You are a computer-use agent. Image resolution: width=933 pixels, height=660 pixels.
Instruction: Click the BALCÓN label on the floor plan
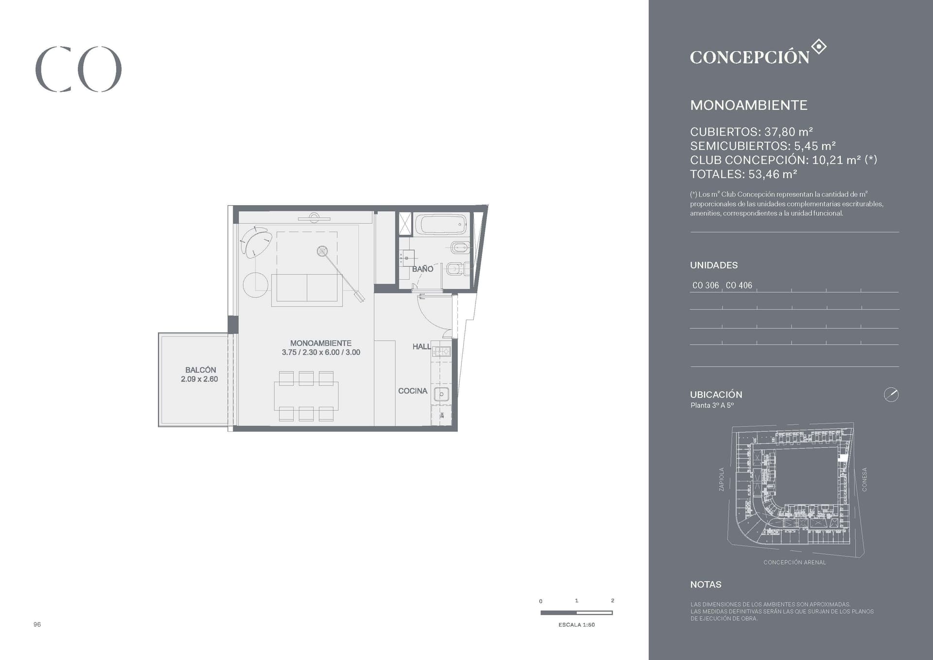point(200,370)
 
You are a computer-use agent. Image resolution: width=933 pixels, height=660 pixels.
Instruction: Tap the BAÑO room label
point(422,269)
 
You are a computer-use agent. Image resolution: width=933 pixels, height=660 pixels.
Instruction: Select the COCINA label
point(413,391)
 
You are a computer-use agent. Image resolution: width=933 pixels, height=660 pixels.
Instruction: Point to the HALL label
point(421,347)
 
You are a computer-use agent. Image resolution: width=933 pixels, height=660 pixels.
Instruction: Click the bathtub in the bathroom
point(441,225)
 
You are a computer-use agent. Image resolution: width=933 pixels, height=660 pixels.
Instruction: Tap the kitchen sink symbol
point(441,394)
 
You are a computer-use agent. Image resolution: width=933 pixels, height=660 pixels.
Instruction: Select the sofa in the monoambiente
point(307,290)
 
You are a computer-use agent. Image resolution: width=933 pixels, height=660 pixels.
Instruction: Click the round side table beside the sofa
point(256,285)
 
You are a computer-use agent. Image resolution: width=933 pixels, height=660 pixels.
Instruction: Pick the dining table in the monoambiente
point(306,396)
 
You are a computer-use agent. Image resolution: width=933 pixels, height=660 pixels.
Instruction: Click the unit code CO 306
point(705,285)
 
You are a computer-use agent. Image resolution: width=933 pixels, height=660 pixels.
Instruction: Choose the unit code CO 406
point(739,285)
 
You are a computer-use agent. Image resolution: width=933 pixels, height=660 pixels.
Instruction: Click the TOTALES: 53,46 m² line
point(743,174)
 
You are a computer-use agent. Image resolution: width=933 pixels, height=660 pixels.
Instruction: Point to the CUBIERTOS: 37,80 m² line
point(751,132)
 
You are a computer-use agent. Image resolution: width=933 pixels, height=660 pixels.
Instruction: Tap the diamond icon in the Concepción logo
point(819,47)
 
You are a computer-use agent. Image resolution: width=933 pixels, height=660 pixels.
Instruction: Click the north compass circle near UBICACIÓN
point(891,395)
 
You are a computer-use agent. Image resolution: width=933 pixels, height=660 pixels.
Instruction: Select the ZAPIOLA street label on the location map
point(721,479)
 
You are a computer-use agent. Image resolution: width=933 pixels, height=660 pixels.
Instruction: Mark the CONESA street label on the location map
point(864,479)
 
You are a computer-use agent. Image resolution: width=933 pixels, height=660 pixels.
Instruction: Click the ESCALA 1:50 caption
point(576,625)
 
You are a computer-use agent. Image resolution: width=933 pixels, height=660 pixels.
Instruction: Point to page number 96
point(37,625)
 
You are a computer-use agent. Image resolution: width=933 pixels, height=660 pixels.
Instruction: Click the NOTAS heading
point(706,585)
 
